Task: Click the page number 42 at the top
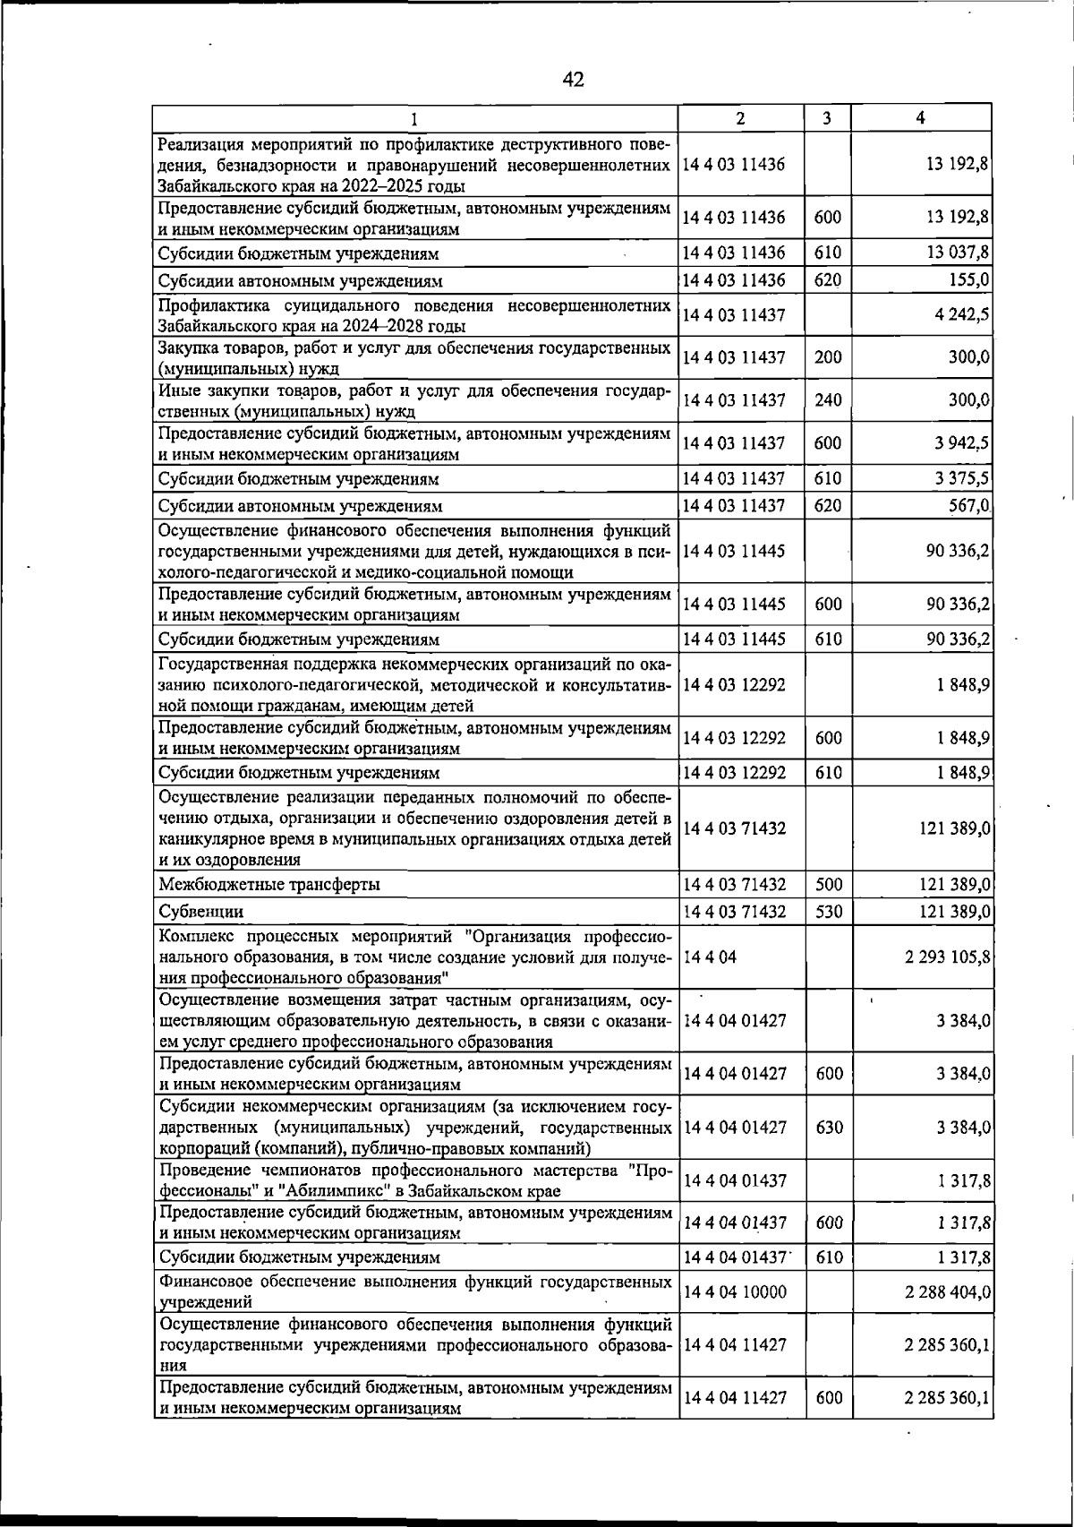tap(573, 80)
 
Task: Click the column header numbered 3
tap(827, 118)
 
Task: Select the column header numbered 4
tap(920, 118)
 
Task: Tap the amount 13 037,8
tap(958, 253)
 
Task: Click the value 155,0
tap(967, 280)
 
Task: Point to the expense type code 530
tap(829, 912)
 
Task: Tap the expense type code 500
tap(829, 885)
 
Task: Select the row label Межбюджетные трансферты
tap(268, 885)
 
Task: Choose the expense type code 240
tap(829, 400)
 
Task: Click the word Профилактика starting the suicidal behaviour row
tap(210, 306)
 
